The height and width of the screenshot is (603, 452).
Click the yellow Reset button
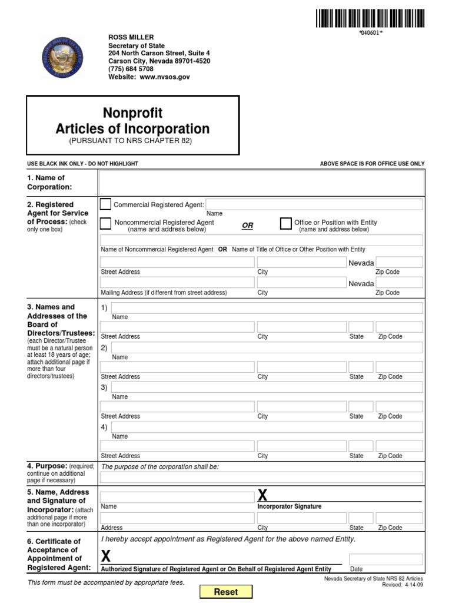(x=225, y=592)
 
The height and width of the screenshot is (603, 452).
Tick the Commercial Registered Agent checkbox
(x=105, y=204)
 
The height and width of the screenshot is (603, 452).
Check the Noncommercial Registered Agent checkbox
(x=105, y=223)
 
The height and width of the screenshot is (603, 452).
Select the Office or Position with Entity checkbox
(x=285, y=223)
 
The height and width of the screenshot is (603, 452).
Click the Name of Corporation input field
(x=261, y=183)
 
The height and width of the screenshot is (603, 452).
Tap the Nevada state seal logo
(x=61, y=59)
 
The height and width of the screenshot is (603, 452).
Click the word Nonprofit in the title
(x=132, y=112)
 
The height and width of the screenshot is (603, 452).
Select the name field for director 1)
(x=267, y=308)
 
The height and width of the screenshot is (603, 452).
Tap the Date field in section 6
(x=385, y=559)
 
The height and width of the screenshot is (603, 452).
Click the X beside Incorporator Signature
(x=262, y=495)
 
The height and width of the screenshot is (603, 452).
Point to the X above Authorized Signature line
(x=106, y=555)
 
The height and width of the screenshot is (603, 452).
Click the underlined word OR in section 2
(x=248, y=226)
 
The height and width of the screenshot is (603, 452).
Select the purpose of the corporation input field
(x=261, y=477)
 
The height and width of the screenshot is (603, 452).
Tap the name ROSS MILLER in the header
(x=131, y=37)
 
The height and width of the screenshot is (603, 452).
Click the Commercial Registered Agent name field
(x=314, y=204)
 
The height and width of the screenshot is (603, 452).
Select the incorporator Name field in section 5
(x=177, y=497)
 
